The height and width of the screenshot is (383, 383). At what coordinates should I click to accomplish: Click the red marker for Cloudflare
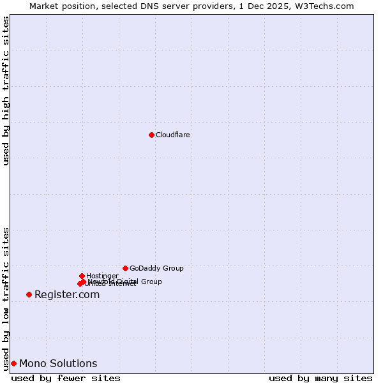151,135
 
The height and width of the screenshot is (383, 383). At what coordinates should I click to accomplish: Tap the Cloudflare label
173,135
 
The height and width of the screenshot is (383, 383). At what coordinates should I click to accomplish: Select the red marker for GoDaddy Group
125,268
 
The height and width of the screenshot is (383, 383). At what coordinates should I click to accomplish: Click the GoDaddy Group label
156,269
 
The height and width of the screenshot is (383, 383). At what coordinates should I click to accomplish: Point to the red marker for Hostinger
82,276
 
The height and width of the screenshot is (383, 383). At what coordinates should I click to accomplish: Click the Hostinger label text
102,276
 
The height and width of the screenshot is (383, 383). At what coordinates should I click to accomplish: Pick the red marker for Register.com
29,294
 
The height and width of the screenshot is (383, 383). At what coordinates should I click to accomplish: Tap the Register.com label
67,295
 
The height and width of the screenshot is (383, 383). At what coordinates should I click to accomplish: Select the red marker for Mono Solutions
13,363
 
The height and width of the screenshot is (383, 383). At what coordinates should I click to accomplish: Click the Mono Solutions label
58,364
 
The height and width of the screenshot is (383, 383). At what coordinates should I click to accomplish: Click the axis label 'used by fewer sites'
66,378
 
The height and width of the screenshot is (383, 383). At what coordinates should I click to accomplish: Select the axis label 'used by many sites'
320,378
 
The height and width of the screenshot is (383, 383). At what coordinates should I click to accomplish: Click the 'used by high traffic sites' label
6,91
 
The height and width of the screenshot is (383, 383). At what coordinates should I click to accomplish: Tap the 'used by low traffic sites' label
6,299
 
